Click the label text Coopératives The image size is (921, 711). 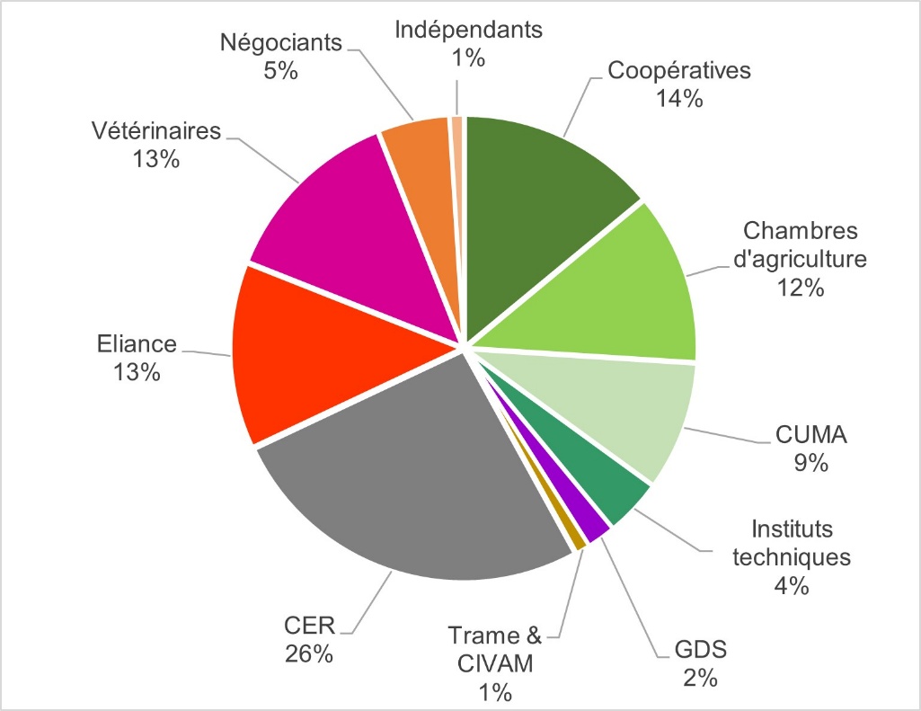(x=678, y=70)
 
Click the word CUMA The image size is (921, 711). (x=811, y=438)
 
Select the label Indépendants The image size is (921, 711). (x=469, y=30)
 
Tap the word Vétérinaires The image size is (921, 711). (x=156, y=131)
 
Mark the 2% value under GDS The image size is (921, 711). (x=698, y=678)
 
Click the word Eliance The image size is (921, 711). (x=136, y=343)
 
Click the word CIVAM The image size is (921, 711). (x=494, y=664)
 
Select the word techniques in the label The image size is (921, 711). (x=792, y=557)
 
